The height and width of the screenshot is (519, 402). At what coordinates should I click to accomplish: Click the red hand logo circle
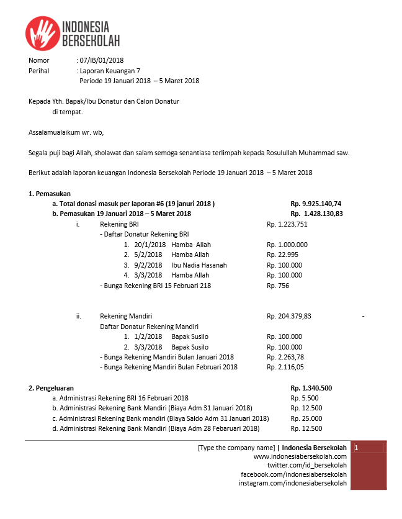coord(43,33)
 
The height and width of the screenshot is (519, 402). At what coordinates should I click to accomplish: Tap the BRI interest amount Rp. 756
coord(278,286)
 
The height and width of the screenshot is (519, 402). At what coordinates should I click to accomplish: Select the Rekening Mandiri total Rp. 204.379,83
coord(289,316)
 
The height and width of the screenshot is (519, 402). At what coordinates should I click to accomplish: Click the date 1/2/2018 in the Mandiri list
coord(148,336)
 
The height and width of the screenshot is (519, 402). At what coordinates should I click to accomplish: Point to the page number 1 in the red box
coord(357,448)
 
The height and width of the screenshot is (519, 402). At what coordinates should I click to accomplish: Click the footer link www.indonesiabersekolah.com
coord(300,456)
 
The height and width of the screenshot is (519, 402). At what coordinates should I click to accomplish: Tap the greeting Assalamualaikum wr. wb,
coord(66,132)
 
